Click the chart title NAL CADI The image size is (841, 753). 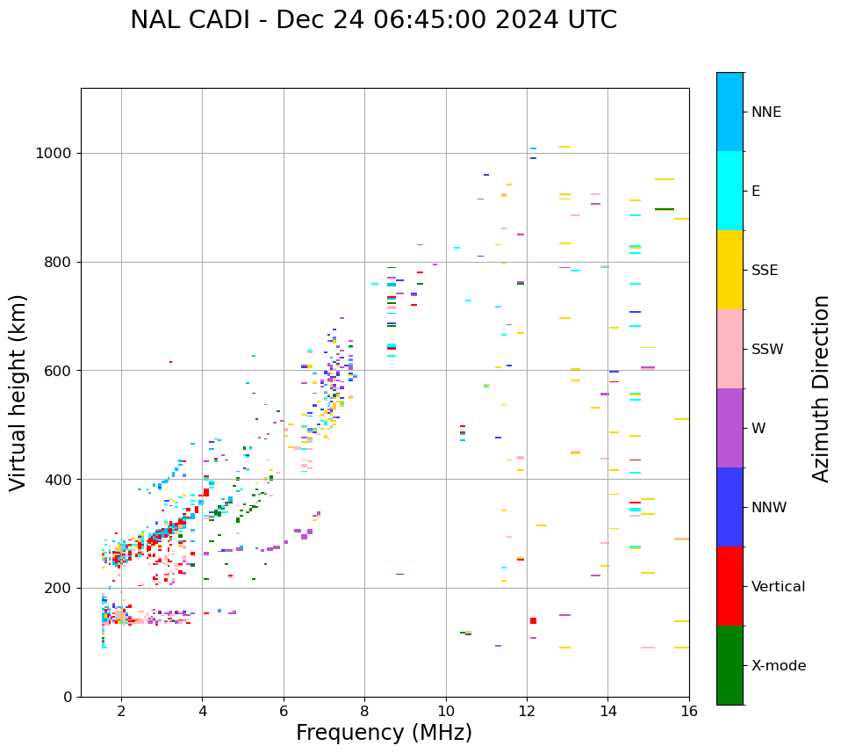click(x=373, y=20)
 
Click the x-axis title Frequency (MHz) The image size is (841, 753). click(x=384, y=733)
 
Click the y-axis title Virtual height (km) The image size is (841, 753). click(x=18, y=392)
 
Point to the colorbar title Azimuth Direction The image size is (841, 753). click(x=821, y=387)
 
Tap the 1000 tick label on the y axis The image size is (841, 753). click(x=54, y=154)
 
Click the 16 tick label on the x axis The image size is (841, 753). click(x=688, y=711)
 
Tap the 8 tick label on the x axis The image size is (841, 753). click(x=364, y=711)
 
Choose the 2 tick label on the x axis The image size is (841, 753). click(x=121, y=711)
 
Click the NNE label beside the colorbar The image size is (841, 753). click(x=766, y=112)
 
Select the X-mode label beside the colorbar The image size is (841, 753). click(x=778, y=666)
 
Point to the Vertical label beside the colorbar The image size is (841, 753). click(x=778, y=587)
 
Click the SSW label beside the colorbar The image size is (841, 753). click(x=767, y=350)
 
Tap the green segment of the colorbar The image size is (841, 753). click(x=730, y=665)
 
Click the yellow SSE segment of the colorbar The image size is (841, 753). click(x=730, y=270)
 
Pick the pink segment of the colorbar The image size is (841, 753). click(x=730, y=349)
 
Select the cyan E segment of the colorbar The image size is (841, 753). click(x=730, y=191)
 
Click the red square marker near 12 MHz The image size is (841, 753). click(x=533, y=621)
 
